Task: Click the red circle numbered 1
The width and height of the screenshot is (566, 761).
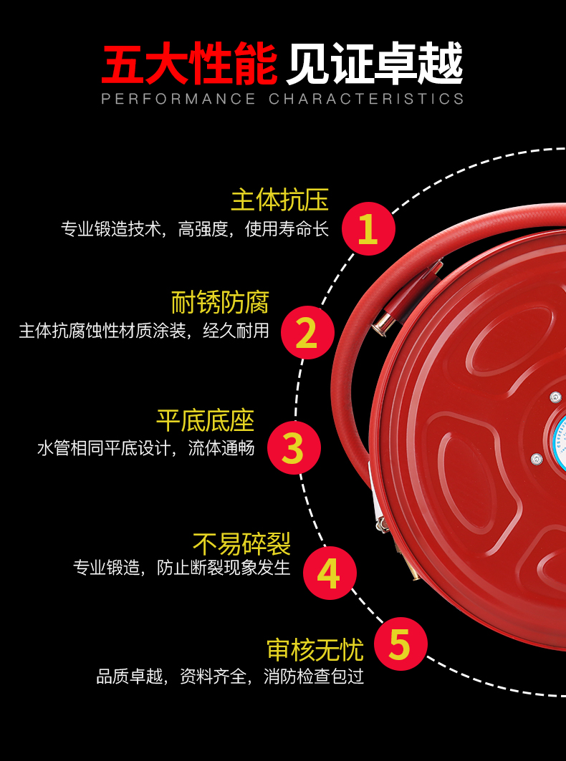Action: [368, 228]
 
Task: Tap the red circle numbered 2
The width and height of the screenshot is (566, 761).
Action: [307, 332]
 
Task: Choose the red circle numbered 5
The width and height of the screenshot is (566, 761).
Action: [399, 644]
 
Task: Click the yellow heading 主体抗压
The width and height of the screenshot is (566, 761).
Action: [279, 200]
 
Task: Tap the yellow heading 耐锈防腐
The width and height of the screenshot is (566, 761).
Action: [220, 303]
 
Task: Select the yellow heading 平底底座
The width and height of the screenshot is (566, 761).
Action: [206, 420]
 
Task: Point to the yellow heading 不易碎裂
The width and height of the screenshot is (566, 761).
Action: [241, 544]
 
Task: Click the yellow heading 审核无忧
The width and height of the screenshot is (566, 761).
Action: [315, 649]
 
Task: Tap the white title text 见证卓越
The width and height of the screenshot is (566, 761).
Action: [375, 65]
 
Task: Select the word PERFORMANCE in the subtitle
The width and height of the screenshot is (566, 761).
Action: [178, 99]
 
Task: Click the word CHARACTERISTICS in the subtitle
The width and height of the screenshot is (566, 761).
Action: [366, 99]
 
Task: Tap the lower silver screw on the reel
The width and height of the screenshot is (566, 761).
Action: [536, 459]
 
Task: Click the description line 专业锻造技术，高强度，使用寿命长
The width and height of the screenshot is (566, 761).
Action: [195, 229]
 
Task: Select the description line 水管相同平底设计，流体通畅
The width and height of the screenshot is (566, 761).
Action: [146, 449]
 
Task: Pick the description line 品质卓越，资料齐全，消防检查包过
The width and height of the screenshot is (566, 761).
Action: [231, 677]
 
